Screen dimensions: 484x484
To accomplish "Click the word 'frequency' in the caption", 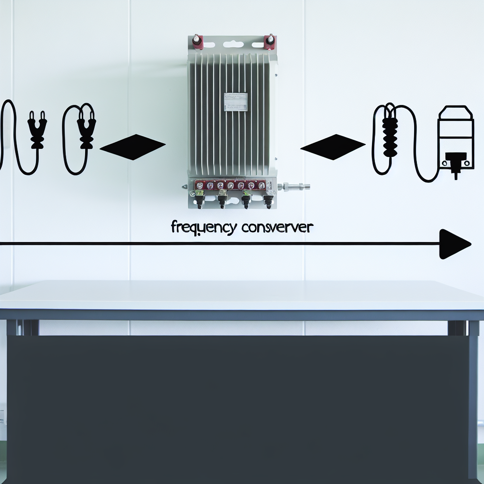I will coord(203,228).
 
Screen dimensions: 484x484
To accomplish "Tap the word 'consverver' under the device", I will coord(277,227).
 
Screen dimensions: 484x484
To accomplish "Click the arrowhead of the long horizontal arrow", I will coord(454,244).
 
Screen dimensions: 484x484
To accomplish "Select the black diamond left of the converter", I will coord(133,147).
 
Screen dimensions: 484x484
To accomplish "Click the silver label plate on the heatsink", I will coord(235,102).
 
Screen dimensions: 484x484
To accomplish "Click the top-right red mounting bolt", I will coord(270,41).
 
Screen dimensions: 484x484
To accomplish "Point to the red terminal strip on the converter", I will coord(230,185).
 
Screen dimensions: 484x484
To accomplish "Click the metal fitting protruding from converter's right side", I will coord(295,186).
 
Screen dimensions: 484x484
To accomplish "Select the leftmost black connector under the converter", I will coord(199,201).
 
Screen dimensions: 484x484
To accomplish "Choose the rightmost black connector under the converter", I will coord(268,201).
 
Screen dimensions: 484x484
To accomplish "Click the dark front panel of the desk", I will coord(236,406).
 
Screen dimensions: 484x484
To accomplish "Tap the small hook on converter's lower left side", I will coord(185,187).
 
